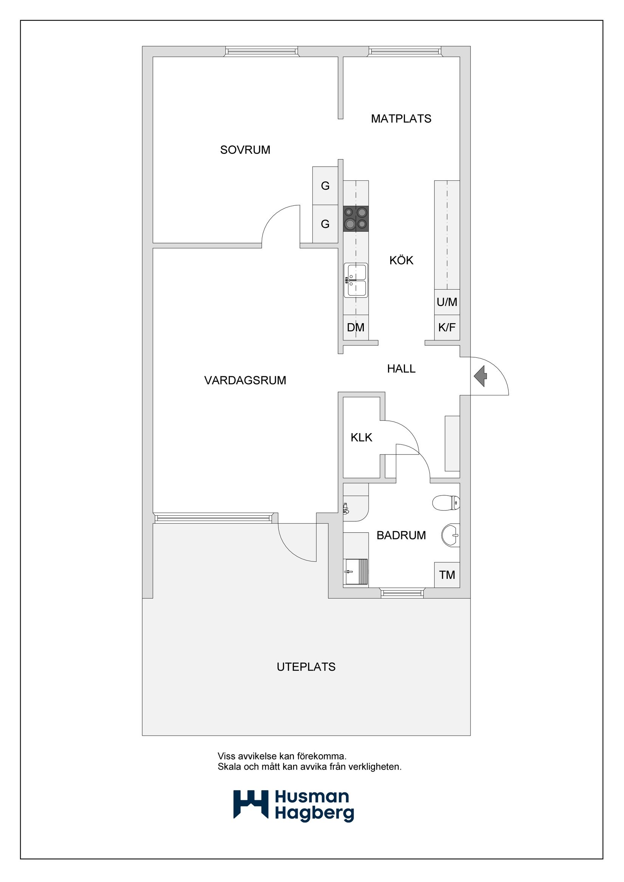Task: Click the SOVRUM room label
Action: (x=245, y=150)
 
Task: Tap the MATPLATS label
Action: (x=401, y=119)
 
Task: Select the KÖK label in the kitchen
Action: (x=401, y=260)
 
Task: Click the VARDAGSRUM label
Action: (x=245, y=380)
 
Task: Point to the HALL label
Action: (x=401, y=369)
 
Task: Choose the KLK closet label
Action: (x=361, y=437)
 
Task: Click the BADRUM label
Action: (x=401, y=535)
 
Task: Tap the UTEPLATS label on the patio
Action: (x=306, y=667)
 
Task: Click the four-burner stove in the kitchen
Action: (x=356, y=218)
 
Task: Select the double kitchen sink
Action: (x=356, y=280)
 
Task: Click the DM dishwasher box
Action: (x=355, y=328)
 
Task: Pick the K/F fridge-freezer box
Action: (x=447, y=328)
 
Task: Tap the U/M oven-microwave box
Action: (x=447, y=302)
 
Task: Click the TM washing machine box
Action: (x=447, y=575)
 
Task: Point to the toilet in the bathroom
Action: (x=446, y=502)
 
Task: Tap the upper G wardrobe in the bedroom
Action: (x=325, y=186)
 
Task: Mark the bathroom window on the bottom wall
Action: (x=402, y=593)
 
